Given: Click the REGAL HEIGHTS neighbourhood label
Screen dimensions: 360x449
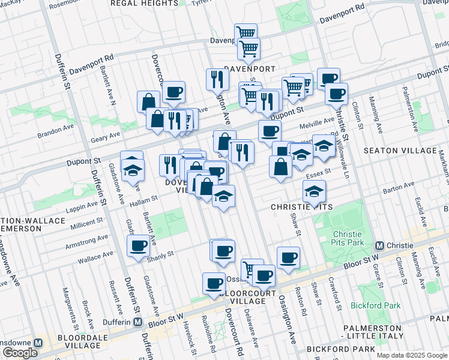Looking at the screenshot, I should pyautogui.click(x=145, y=3).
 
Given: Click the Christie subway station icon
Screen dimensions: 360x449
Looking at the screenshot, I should pyautogui.click(x=379, y=246).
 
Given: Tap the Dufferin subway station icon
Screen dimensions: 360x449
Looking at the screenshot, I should pyautogui.click(x=137, y=322).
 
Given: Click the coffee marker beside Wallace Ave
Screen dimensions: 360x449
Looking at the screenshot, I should pyautogui.click(x=139, y=246).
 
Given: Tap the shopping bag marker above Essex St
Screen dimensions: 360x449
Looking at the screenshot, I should pyautogui.click(x=280, y=167).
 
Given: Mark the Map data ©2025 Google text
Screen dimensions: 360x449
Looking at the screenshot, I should pyautogui.click(x=411, y=355).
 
